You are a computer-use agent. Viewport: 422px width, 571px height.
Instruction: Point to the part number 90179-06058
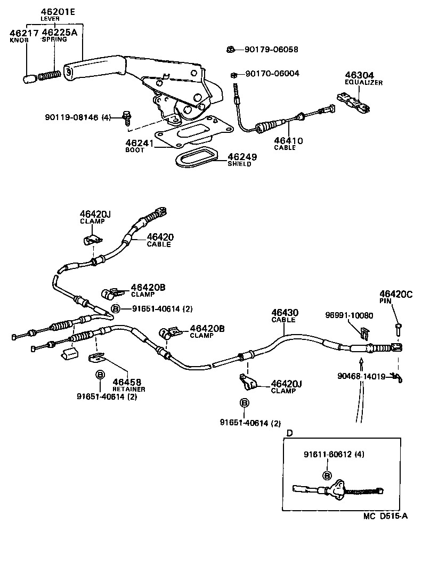[x=271, y=50]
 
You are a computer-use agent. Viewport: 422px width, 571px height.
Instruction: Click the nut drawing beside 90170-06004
[x=234, y=74]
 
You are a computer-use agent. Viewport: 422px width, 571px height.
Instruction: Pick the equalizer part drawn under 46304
[x=353, y=102]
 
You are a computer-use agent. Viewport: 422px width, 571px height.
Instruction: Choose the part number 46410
[x=288, y=141]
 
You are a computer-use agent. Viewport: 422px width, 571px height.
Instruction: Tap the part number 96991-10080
[x=349, y=315]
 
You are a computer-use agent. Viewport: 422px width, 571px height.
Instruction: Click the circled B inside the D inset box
[x=327, y=475]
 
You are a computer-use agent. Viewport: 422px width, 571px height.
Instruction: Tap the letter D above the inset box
[x=289, y=433]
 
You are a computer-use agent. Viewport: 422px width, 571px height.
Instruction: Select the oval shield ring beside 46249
[x=196, y=157]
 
